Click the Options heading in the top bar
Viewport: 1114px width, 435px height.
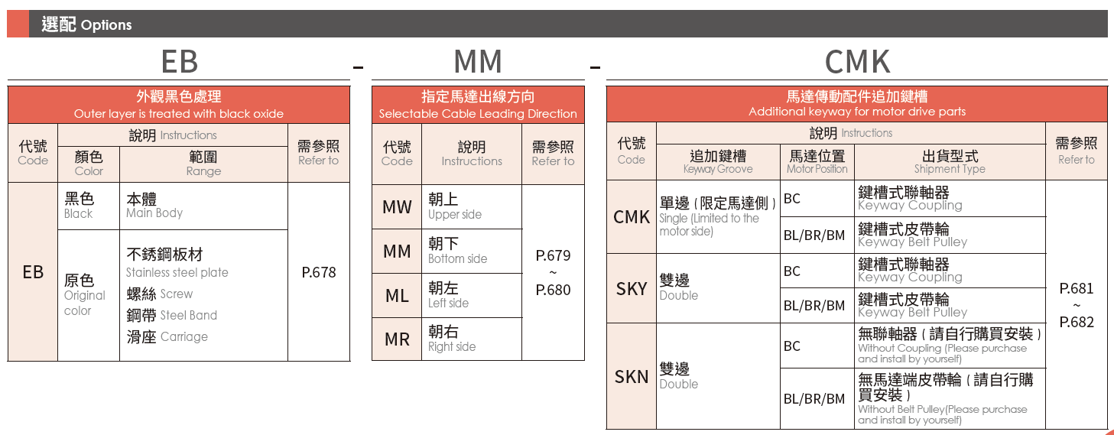click(x=86, y=24)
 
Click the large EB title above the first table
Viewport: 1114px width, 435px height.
click(x=180, y=61)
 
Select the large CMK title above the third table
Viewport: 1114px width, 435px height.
click(x=857, y=61)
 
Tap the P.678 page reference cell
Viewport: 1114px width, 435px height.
click(x=319, y=272)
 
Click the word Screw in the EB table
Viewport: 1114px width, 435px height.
click(x=176, y=294)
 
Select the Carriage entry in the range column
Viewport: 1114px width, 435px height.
click(x=184, y=336)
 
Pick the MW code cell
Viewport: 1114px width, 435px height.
click(x=397, y=206)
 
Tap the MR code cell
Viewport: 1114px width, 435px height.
click(x=397, y=339)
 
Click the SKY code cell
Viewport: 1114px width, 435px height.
click(x=632, y=288)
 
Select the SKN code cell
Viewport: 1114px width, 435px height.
click(x=632, y=376)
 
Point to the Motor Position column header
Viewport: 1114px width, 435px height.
click(x=817, y=161)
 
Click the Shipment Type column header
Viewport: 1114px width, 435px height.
click(x=950, y=161)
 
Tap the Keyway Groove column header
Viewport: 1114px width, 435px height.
click(x=718, y=161)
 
